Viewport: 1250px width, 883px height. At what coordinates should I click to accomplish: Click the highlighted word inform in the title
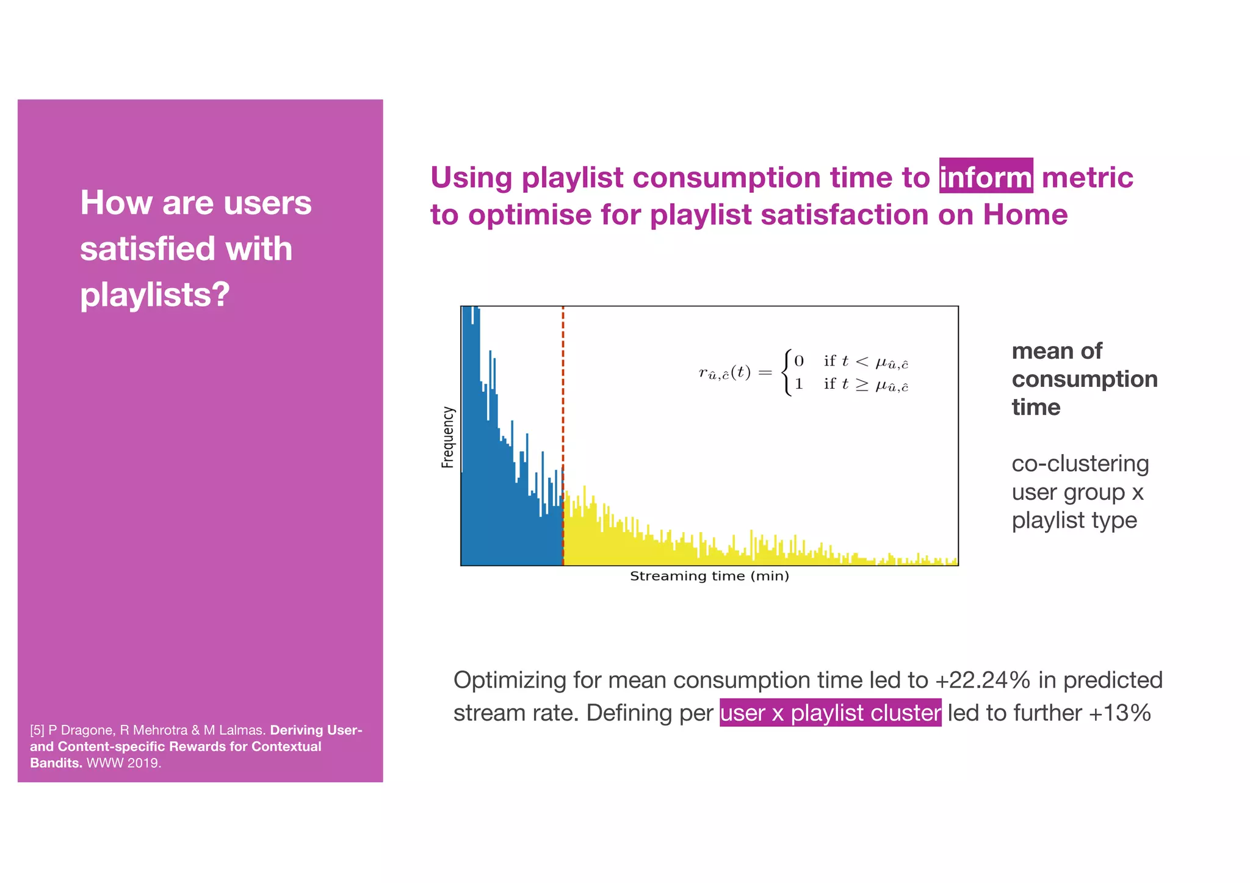coord(985,177)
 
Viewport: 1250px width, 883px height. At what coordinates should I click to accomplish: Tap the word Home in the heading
coord(1025,215)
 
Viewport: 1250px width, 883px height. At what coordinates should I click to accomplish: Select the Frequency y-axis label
coord(448,437)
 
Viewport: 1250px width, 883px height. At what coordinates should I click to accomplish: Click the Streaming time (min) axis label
coord(709,576)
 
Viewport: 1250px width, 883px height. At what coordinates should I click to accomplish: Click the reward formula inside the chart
coord(803,373)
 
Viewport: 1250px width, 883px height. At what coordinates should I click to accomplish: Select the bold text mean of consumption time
coord(1083,379)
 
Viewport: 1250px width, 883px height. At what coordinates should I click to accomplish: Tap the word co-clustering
coord(1080,464)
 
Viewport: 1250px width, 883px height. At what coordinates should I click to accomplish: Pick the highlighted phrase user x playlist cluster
coord(830,713)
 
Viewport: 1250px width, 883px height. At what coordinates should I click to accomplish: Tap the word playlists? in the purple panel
coord(155,295)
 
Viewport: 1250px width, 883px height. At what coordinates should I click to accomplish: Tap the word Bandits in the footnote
coord(55,763)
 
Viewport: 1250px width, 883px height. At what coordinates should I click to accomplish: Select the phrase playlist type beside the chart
coord(1074,521)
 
